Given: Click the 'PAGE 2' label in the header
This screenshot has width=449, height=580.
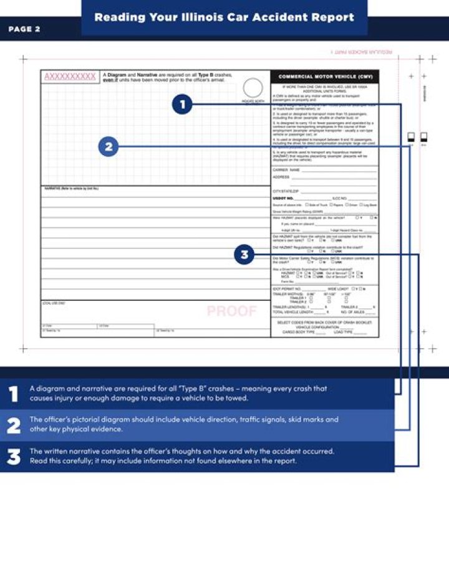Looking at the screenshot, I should pyautogui.click(x=24, y=29).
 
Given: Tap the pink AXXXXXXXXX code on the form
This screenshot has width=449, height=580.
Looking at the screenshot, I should pyautogui.click(x=70, y=77).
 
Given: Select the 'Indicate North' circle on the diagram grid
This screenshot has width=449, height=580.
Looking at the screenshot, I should pyautogui.click(x=253, y=88).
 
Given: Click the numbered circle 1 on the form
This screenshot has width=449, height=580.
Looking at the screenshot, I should pyautogui.click(x=182, y=105).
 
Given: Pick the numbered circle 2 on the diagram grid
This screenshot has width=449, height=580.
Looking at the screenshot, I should pyautogui.click(x=109, y=147).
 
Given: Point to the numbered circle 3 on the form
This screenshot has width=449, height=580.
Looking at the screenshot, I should pyautogui.click(x=244, y=254).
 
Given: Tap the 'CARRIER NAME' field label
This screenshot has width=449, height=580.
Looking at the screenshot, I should pyautogui.click(x=286, y=169).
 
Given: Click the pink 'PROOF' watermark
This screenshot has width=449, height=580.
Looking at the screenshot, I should pyautogui.click(x=231, y=311).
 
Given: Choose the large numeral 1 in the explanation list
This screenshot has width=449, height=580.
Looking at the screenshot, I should pyautogui.click(x=13, y=394).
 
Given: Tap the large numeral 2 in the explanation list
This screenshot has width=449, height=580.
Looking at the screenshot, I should pyautogui.click(x=14, y=425).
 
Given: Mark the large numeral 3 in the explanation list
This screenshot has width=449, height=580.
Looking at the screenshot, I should pyautogui.click(x=14, y=457).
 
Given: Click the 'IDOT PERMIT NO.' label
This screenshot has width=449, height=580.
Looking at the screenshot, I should pyautogui.click(x=287, y=289).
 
